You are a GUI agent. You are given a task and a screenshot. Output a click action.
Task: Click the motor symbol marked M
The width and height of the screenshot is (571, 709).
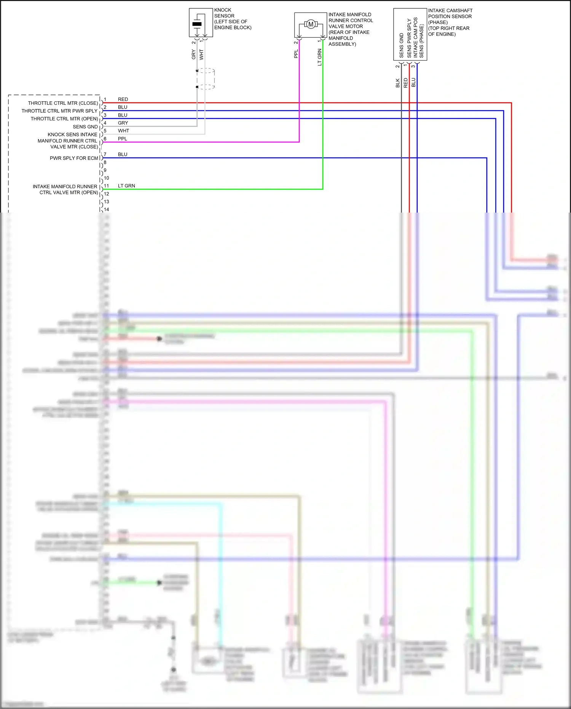pyautogui.click(x=311, y=24)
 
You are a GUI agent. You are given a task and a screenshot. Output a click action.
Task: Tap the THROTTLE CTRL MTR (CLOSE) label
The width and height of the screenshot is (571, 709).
pyautogui.click(x=63, y=103)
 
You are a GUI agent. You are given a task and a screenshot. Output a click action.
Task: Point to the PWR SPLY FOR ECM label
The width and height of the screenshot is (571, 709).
pyautogui.click(x=74, y=158)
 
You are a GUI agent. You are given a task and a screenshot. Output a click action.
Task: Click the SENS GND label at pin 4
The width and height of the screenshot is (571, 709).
pyautogui.click(x=85, y=127)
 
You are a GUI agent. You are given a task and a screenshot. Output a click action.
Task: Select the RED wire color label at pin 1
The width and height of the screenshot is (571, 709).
pyautogui.click(x=123, y=99)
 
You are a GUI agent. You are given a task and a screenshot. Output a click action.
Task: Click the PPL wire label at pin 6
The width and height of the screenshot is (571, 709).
pyautogui.click(x=123, y=139)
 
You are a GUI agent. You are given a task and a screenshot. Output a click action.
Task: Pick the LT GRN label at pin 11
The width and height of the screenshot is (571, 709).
pyautogui.click(x=126, y=186)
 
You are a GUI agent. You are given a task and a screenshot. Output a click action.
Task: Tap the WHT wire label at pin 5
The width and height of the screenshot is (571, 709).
pyautogui.click(x=123, y=131)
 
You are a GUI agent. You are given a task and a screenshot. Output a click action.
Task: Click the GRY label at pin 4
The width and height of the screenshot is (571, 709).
pyautogui.click(x=123, y=123)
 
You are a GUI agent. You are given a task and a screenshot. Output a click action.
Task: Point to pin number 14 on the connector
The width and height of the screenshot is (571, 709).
pyautogui.click(x=107, y=210)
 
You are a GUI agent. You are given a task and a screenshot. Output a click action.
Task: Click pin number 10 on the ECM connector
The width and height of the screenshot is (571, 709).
pyautogui.click(x=107, y=178)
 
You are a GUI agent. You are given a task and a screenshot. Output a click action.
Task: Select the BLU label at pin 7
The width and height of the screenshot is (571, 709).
pyautogui.click(x=123, y=154)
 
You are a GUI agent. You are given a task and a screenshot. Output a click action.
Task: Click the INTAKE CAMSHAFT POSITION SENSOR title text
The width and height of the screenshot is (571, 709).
pyautogui.click(x=450, y=22)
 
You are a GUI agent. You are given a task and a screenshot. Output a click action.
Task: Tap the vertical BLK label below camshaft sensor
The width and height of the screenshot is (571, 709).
pyautogui.click(x=398, y=83)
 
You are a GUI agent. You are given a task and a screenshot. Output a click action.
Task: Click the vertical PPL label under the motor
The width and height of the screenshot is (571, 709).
pyautogui.click(x=296, y=54)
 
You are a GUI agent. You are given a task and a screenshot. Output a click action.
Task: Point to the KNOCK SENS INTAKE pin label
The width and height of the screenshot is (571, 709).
pyautogui.click(x=72, y=134)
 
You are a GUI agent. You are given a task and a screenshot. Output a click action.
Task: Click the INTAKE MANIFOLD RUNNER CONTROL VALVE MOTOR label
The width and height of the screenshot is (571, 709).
pyautogui.click(x=350, y=29)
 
